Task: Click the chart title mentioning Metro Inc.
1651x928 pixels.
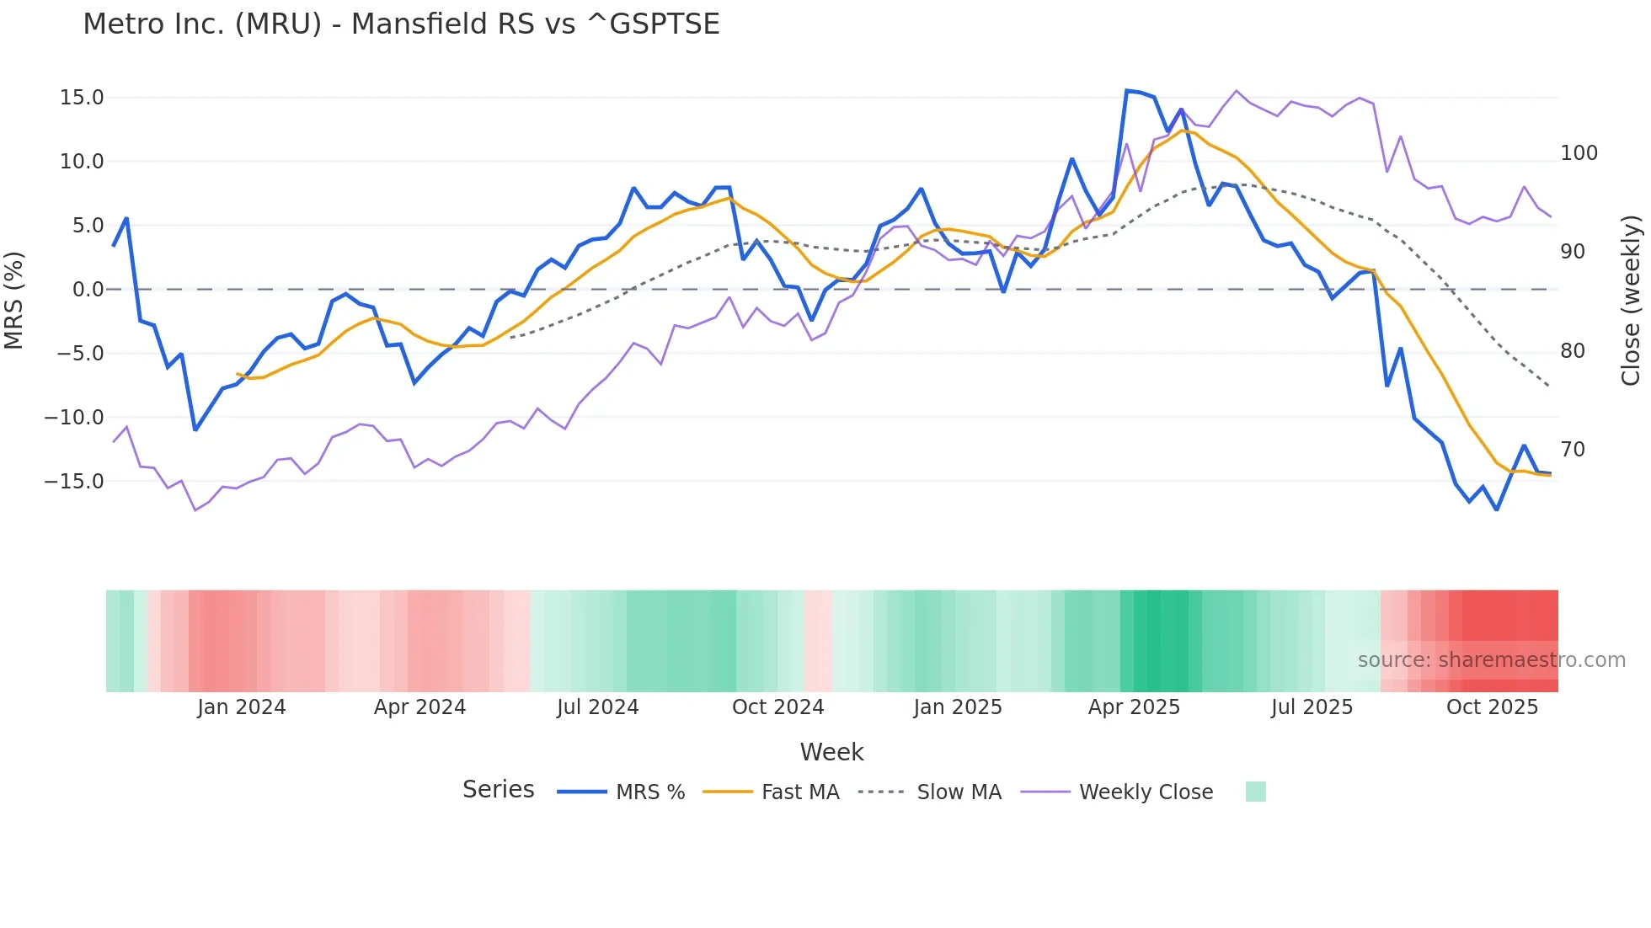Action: coord(401,24)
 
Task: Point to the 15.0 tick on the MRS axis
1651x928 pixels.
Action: coord(82,98)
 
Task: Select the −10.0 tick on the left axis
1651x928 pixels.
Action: coord(74,418)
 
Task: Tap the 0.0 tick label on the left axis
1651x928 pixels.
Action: coord(88,290)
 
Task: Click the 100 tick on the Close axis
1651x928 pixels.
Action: coord(1579,153)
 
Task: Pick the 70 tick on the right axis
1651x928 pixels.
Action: coord(1572,450)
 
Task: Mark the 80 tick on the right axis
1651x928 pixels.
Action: coord(1572,351)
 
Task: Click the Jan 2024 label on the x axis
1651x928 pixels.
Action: coord(242,707)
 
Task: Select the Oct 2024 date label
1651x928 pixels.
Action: coord(777,707)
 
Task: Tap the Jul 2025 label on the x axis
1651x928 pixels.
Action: coord(1312,707)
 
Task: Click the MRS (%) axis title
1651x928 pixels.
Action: coord(14,301)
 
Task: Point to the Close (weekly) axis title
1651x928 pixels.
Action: coord(1632,301)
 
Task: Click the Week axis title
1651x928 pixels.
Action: coord(831,752)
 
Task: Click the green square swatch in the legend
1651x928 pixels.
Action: coord(1255,792)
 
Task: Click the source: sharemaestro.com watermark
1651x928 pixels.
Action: coord(1491,660)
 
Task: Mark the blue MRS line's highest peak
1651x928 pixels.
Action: coord(1127,91)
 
